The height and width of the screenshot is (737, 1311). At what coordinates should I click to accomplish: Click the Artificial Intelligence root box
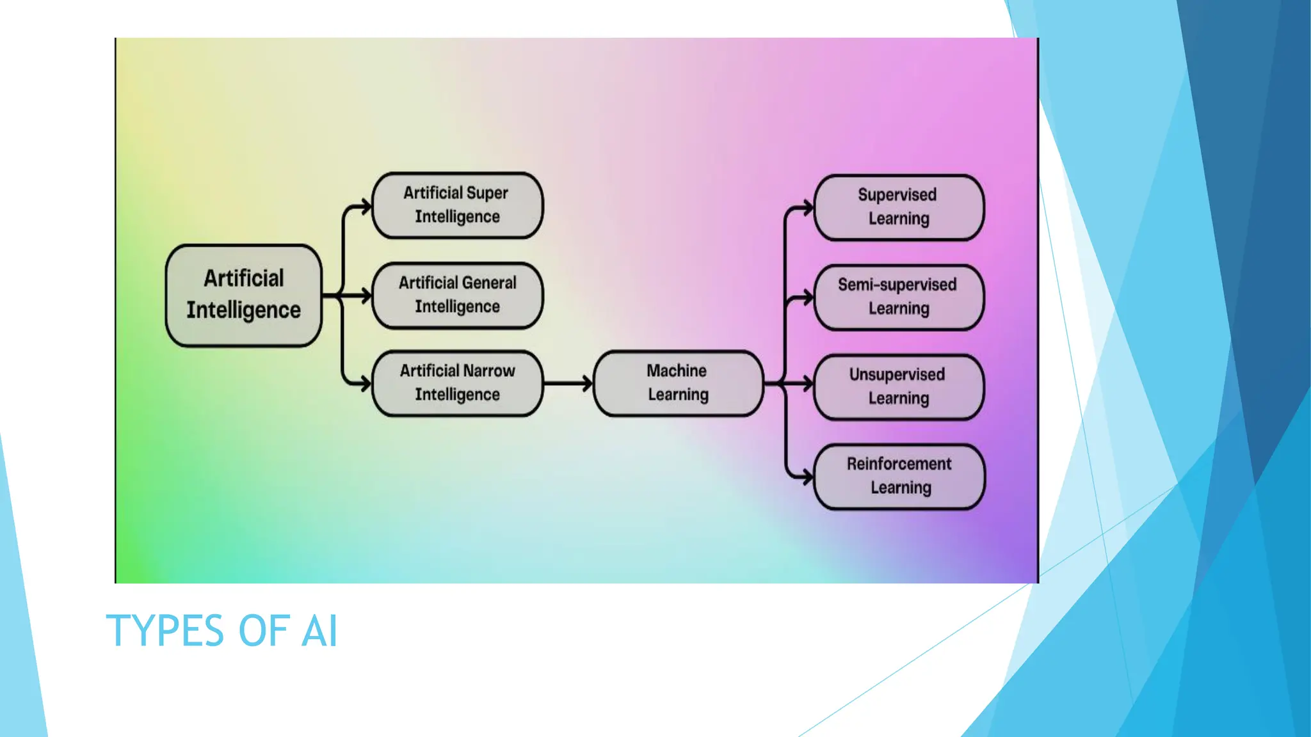[243, 295]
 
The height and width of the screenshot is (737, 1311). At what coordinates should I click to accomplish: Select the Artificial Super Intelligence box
[457, 205]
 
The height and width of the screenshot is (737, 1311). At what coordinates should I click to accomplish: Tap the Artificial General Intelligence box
[457, 295]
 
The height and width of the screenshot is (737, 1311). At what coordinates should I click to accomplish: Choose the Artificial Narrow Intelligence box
[457, 383]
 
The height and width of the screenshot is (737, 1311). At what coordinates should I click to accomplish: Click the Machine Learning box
[678, 383]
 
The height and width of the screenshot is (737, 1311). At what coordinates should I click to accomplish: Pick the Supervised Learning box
[898, 207]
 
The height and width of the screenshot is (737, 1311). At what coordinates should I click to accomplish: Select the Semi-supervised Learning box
[898, 297]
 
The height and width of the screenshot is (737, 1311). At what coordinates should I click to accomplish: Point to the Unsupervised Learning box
[898, 386]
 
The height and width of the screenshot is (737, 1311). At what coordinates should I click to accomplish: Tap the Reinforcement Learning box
[899, 476]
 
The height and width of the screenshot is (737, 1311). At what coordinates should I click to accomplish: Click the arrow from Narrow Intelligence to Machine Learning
[567, 383]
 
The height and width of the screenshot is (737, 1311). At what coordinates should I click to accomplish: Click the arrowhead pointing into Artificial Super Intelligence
[366, 207]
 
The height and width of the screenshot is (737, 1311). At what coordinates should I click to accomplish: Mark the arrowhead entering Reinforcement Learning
[808, 476]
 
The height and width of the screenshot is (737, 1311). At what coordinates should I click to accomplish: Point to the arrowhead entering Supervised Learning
[808, 207]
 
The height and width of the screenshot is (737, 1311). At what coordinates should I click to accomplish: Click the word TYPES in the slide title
[164, 631]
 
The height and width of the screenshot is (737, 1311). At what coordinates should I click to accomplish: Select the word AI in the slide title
[319, 631]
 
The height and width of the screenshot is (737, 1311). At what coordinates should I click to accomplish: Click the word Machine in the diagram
[676, 370]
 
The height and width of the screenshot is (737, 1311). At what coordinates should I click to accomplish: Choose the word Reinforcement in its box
[899, 464]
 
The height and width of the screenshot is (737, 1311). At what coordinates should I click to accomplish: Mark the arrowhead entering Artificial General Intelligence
[366, 296]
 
